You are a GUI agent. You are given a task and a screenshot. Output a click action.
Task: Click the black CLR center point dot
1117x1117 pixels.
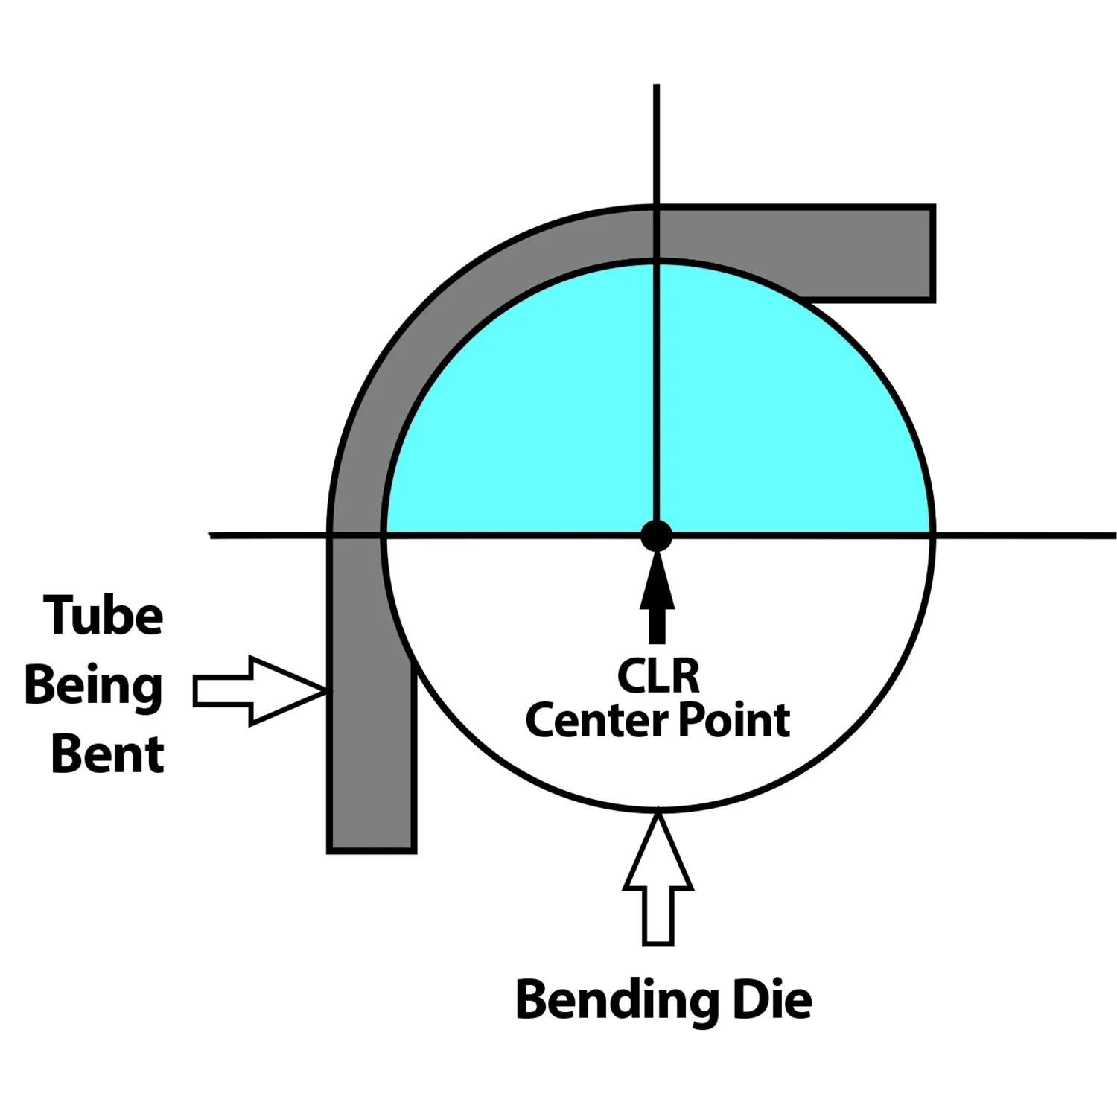pyautogui.click(x=656, y=535)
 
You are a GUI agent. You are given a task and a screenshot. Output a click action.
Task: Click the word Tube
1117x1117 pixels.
pyautogui.click(x=104, y=617)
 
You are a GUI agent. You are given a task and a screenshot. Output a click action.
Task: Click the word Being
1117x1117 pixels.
pyautogui.click(x=94, y=686)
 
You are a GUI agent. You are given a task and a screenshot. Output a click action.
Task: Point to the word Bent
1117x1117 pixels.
pyautogui.click(x=107, y=754)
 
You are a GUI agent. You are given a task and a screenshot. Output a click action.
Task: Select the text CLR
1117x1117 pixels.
pyautogui.click(x=658, y=676)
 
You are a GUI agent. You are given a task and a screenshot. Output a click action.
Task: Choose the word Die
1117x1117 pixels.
pyautogui.click(x=772, y=1000)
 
